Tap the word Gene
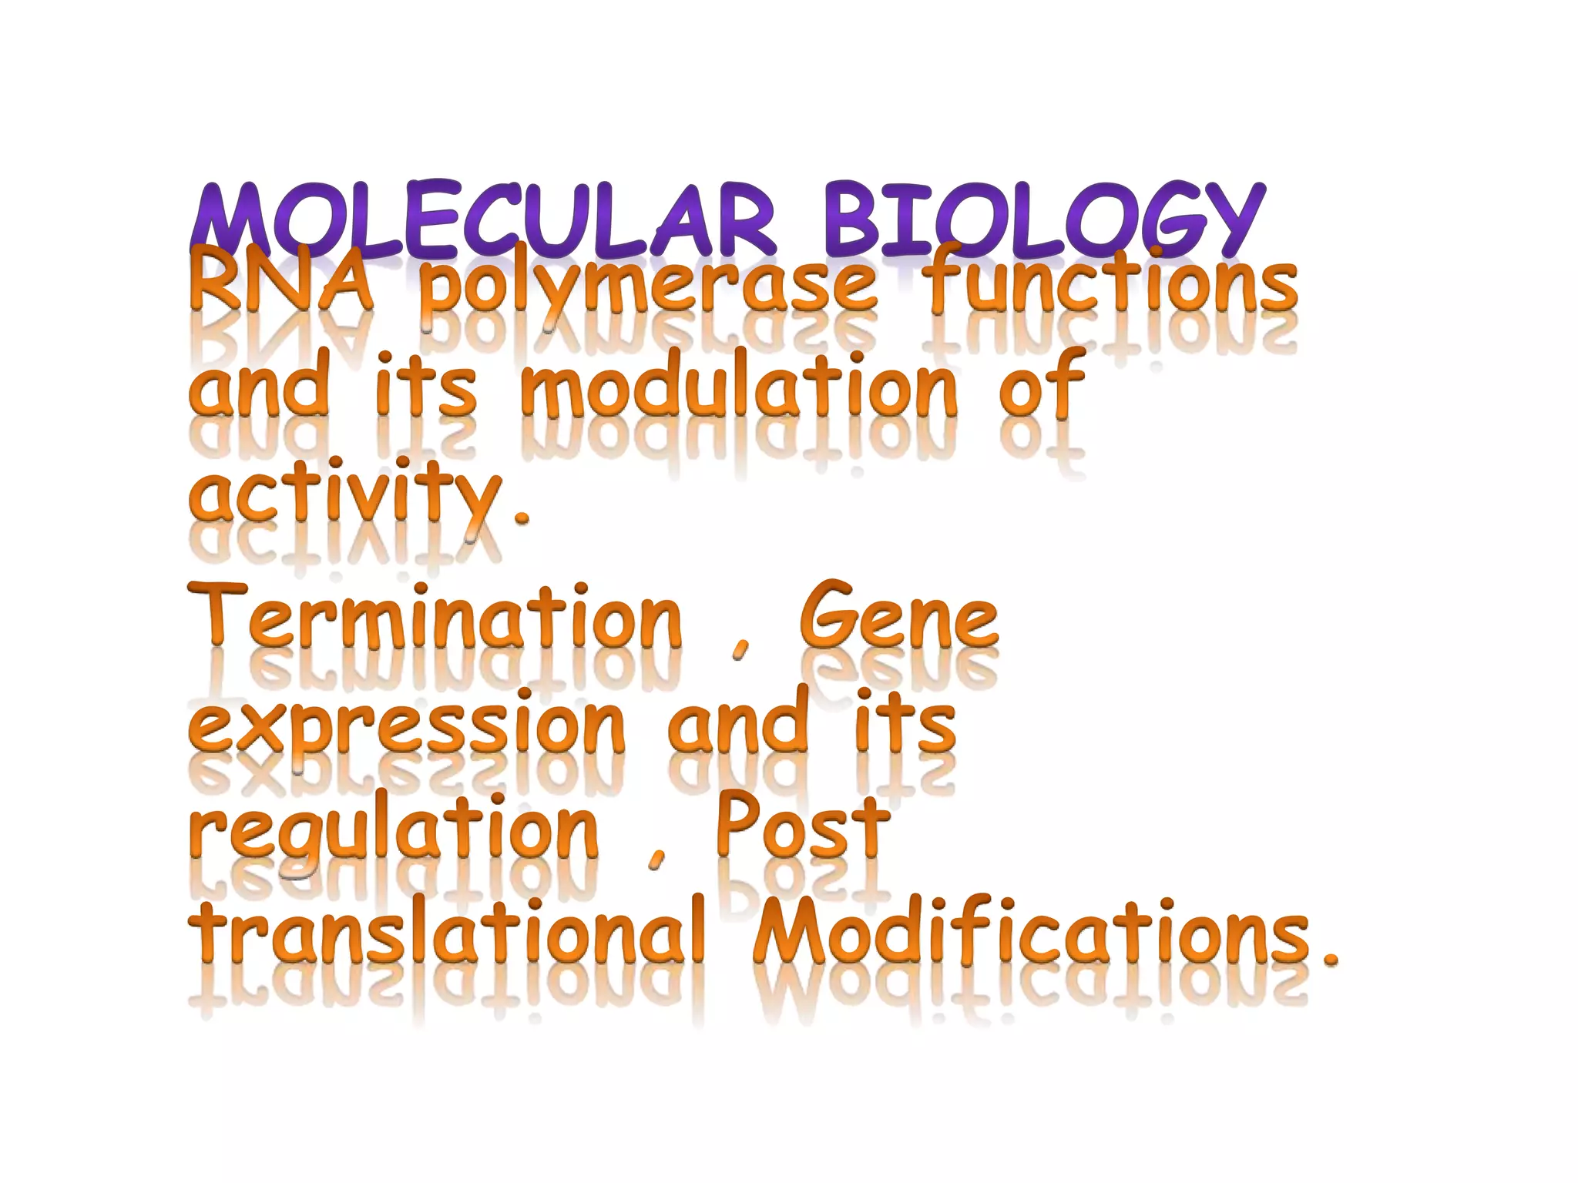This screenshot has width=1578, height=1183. pyautogui.click(x=898, y=616)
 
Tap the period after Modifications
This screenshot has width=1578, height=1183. pyautogui.click(x=1329, y=959)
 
